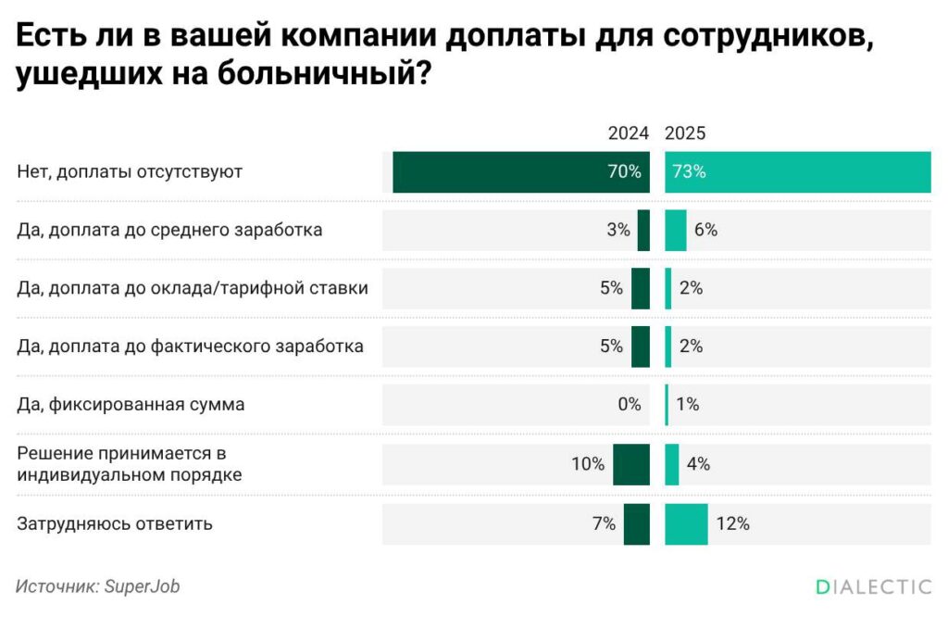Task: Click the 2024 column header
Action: [x=628, y=133]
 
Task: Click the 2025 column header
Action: [x=685, y=133]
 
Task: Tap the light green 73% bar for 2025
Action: [x=797, y=171]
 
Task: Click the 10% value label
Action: [x=588, y=464]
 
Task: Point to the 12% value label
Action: [x=731, y=523]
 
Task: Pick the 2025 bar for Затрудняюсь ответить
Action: [x=686, y=523]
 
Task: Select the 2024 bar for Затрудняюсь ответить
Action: [x=636, y=523]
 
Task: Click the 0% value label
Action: [x=629, y=404]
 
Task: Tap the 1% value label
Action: [x=687, y=404]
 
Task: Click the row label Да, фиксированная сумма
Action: [x=131, y=404]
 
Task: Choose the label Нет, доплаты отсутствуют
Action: [x=130, y=171]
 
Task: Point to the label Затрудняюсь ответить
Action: [x=115, y=523]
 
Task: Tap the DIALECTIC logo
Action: [x=873, y=586]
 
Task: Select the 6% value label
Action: [x=705, y=230]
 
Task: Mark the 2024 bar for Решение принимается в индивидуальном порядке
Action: [x=631, y=464]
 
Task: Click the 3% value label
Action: [x=618, y=230]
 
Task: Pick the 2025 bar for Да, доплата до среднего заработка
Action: [x=676, y=230]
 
